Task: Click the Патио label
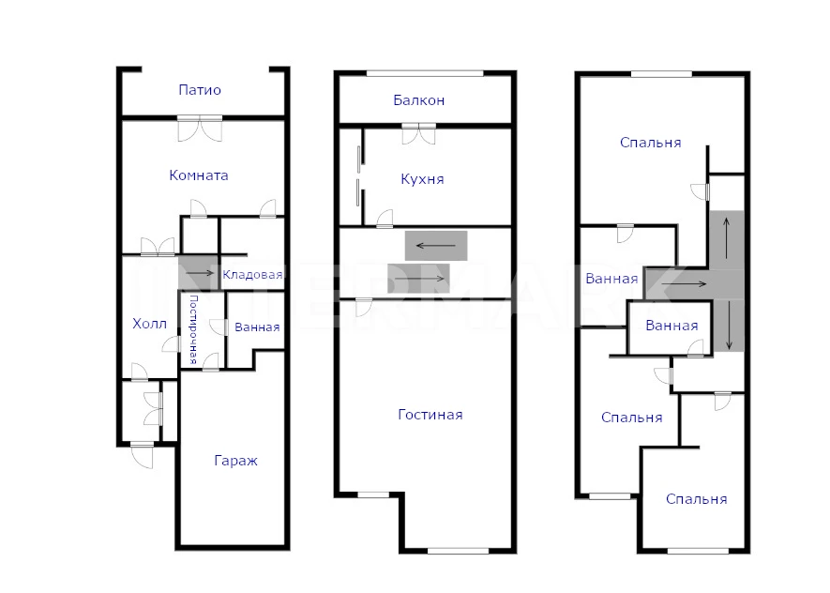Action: click(200, 90)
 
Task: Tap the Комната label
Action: click(199, 175)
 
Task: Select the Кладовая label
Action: click(252, 275)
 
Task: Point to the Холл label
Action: click(149, 324)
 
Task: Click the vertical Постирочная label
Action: click(193, 329)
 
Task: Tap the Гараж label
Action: click(235, 461)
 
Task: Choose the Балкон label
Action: click(418, 100)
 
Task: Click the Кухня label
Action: click(422, 179)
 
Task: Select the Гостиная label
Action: click(430, 415)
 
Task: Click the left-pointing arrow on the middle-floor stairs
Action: click(436, 245)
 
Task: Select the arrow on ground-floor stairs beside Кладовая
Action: click(200, 273)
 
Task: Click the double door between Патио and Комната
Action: click(200, 129)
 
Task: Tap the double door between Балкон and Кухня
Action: click(418, 133)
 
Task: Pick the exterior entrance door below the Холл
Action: click(142, 455)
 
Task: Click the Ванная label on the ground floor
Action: click(257, 327)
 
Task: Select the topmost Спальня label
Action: click(650, 143)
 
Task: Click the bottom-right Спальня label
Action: click(696, 499)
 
